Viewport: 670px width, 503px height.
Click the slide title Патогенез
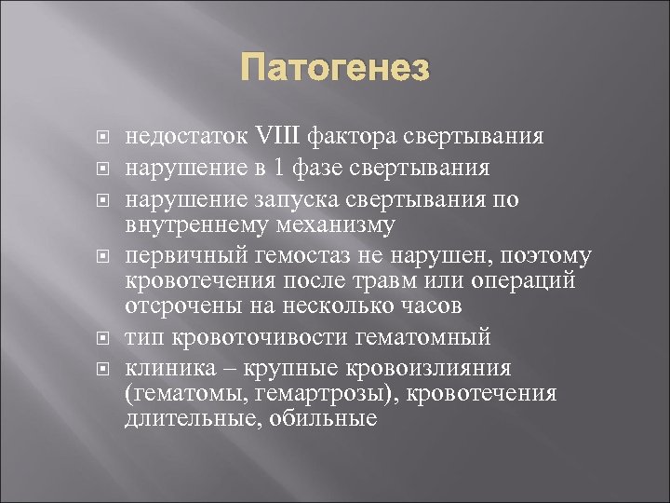coord(335,69)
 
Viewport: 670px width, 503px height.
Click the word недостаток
coord(181,138)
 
